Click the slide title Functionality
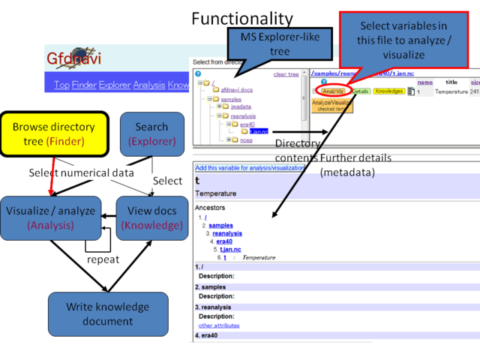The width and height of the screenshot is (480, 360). point(242,18)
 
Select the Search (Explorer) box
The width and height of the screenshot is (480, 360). point(151,134)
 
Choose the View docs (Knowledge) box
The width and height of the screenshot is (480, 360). point(151,217)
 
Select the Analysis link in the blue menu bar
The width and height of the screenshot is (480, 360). point(151,85)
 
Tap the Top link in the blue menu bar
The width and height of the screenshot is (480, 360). point(61,85)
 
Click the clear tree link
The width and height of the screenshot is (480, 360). point(286,74)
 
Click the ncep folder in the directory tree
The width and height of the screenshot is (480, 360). point(247,139)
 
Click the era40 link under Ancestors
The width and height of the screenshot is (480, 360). point(224,241)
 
